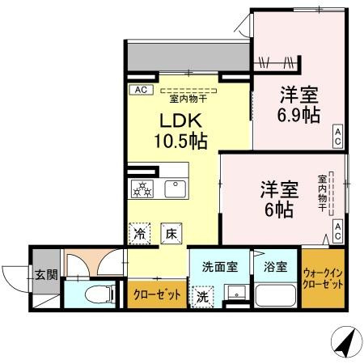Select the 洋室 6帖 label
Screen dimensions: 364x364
[x=279, y=199]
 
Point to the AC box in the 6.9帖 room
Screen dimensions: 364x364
[x=337, y=136]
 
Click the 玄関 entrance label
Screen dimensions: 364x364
[x=46, y=275]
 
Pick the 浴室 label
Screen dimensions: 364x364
[x=274, y=267]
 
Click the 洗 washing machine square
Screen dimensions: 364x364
[x=202, y=296]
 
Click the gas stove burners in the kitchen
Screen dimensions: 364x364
[x=142, y=189]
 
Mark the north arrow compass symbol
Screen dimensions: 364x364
[x=345, y=343]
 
